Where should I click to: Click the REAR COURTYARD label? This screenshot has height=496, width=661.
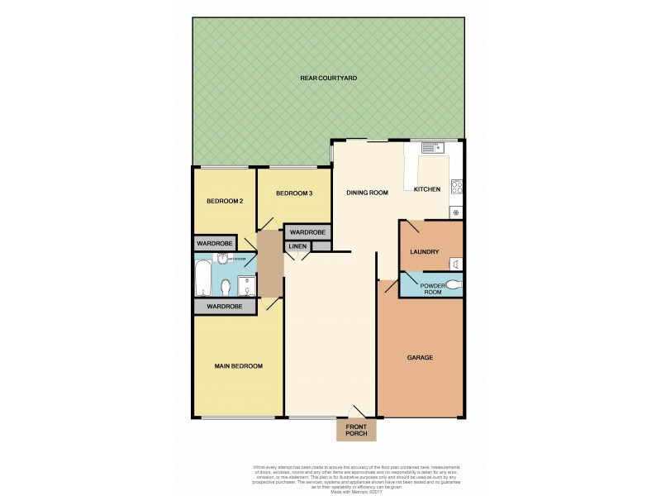tap(328, 78)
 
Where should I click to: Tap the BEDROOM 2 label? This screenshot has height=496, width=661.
tap(224, 201)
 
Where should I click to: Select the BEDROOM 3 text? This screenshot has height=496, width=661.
tap(294, 193)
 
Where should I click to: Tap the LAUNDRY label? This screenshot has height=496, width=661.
tap(424, 252)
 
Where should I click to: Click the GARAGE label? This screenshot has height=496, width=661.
tap(420, 357)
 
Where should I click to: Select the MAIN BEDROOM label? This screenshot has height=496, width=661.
tap(239, 366)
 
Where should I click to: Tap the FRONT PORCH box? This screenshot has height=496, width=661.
tap(356, 430)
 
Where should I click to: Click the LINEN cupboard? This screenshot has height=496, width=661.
tap(298, 246)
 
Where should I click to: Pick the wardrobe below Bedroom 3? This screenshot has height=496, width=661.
tap(307, 233)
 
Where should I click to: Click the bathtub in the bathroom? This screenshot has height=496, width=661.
tap(203, 279)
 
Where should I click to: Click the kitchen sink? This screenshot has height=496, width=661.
tap(433, 148)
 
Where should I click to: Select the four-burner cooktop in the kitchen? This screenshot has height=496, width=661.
tap(456, 187)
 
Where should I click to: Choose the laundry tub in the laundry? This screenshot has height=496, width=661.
tap(455, 263)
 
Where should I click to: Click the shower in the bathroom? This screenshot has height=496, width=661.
tap(246, 286)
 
